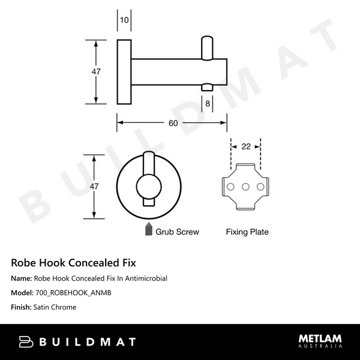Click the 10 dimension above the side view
124,20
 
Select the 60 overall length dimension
173,123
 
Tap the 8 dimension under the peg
207,103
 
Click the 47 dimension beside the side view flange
95,71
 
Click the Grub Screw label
177,231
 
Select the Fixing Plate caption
247,231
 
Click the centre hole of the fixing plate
246,187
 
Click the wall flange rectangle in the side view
124,72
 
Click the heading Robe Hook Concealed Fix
74,263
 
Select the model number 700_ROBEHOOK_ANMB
73,293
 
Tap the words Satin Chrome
56,307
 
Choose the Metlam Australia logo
320,341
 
